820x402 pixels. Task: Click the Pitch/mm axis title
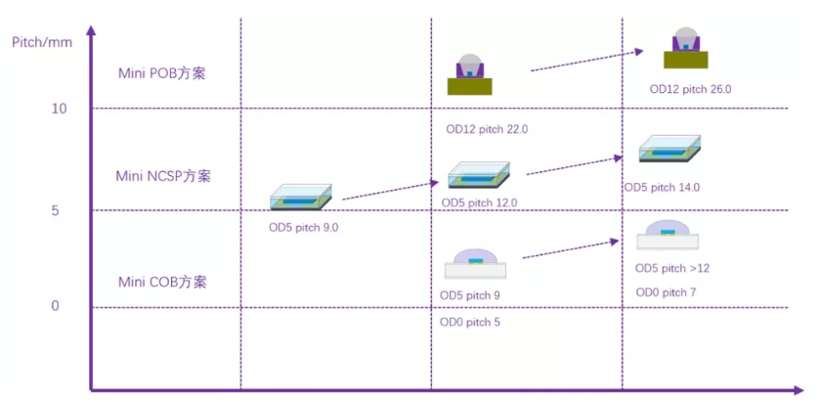click(x=42, y=42)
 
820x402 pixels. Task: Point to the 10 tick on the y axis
click(x=60, y=109)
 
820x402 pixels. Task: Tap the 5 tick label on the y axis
click(x=56, y=210)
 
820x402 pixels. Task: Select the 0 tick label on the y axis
click(x=56, y=306)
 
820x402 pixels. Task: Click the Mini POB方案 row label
click(x=162, y=73)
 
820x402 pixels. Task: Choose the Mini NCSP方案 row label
click(x=163, y=176)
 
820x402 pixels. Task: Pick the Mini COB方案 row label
click(x=162, y=283)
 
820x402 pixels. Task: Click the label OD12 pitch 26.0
click(x=690, y=90)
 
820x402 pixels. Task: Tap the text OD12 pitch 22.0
click(x=487, y=130)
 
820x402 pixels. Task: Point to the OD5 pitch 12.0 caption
click(x=480, y=202)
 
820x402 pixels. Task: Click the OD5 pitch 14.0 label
click(x=662, y=188)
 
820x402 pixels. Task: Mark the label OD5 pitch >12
click(x=672, y=269)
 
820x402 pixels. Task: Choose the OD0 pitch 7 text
click(x=666, y=292)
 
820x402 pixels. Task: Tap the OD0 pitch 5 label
click(x=470, y=323)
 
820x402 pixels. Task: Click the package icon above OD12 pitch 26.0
click(x=685, y=48)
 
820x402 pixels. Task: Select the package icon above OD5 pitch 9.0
click(x=301, y=198)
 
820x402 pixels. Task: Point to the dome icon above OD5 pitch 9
click(x=475, y=263)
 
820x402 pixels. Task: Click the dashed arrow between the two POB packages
click(x=586, y=61)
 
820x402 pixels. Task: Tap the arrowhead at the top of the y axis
click(x=92, y=30)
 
